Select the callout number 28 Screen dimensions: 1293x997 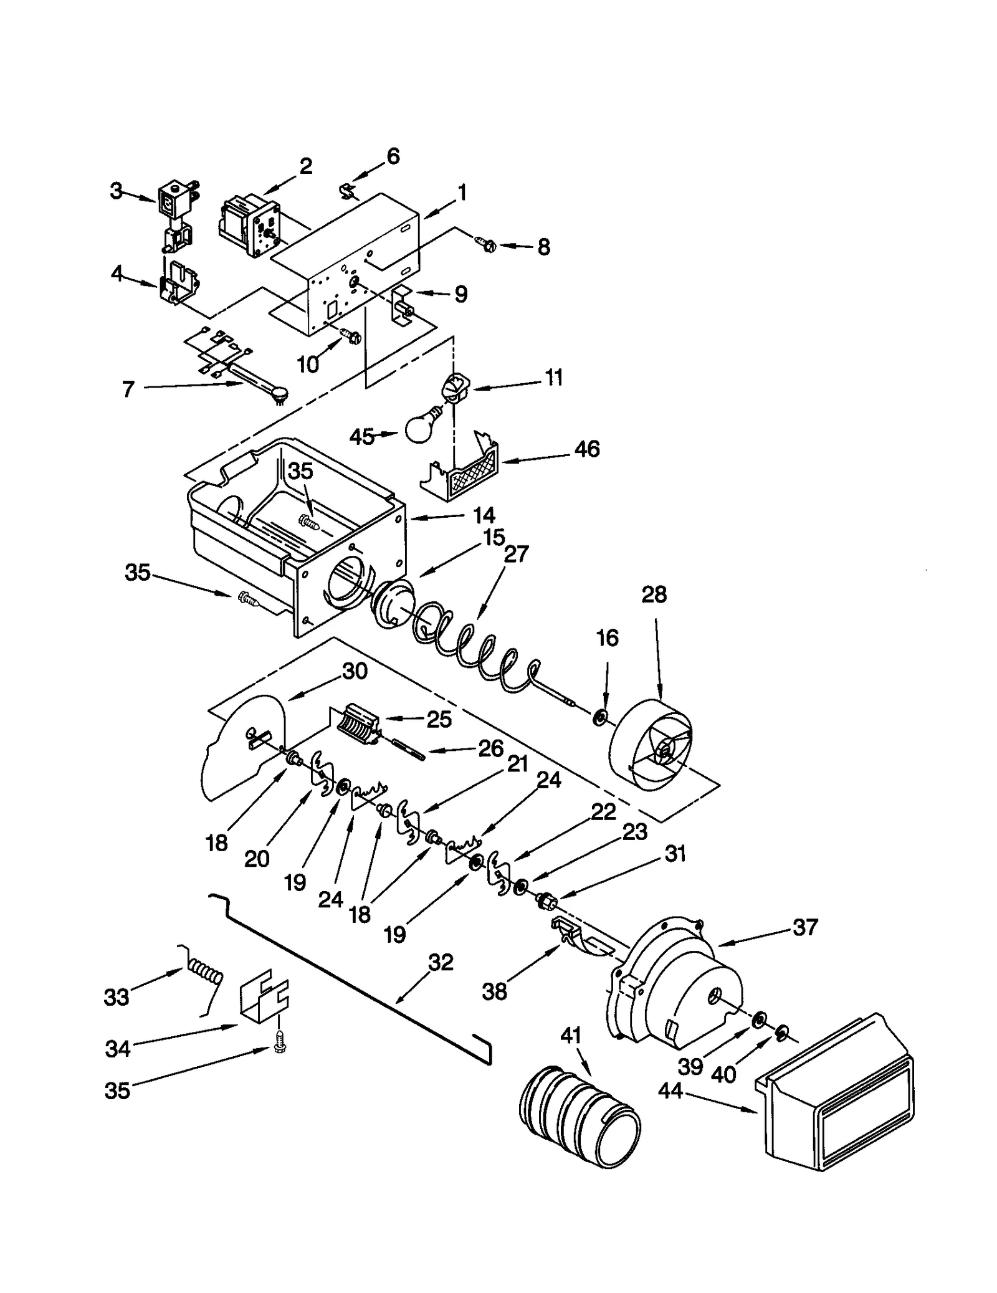point(654,594)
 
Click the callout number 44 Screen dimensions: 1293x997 point(670,1090)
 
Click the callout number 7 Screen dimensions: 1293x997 point(128,389)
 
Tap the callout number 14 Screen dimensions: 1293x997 point(484,515)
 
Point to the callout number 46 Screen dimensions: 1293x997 point(587,449)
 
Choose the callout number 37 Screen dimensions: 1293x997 point(804,927)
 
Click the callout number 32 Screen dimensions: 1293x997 point(441,963)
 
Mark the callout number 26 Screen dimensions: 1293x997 point(490,748)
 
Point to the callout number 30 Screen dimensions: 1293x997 point(355,671)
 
